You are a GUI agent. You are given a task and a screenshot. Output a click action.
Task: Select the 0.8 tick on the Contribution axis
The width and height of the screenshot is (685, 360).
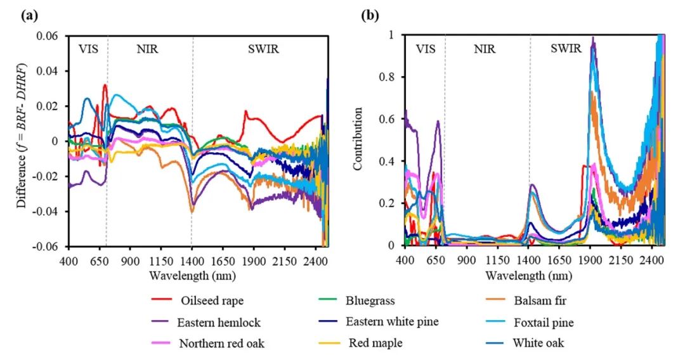(389, 77)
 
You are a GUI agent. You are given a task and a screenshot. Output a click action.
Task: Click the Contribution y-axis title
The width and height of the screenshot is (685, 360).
(358, 139)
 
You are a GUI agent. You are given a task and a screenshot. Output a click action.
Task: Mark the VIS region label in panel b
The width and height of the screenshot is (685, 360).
(425, 49)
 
